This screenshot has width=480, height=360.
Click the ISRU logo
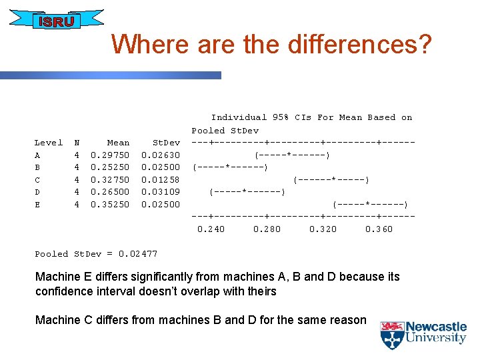(x=56, y=21)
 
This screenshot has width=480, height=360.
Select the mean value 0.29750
(x=110, y=155)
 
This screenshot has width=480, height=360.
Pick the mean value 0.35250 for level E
(x=110, y=205)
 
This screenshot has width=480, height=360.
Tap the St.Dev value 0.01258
(x=161, y=179)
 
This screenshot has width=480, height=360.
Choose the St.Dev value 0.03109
(x=161, y=192)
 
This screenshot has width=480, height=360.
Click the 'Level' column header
(x=49, y=142)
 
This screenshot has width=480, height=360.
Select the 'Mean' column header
(x=118, y=142)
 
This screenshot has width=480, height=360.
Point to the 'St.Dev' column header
(x=166, y=142)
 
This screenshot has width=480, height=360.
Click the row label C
(x=37, y=179)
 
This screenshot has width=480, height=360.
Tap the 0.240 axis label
(x=211, y=229)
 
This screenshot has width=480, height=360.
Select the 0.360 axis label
(x=379, y=229)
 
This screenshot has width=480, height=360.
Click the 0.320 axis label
(x=323, y=229)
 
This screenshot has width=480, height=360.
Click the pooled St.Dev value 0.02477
(x=138, y=253)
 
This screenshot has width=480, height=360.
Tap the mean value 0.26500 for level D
(x=110, y=192)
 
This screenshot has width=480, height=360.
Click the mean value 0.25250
(x=110, y=167)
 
